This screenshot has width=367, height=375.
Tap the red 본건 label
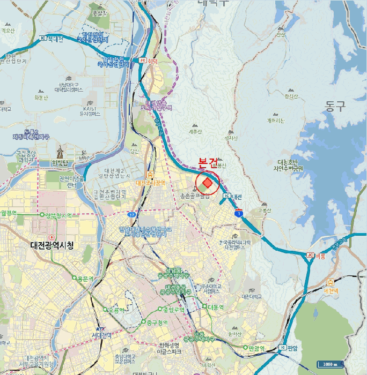208,163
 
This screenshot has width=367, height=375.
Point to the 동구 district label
336,106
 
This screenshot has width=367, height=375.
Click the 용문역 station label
85,278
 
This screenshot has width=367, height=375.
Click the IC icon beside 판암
283,348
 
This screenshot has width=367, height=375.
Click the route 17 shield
131,215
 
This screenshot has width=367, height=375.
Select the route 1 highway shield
239,213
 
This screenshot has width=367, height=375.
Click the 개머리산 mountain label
278,121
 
